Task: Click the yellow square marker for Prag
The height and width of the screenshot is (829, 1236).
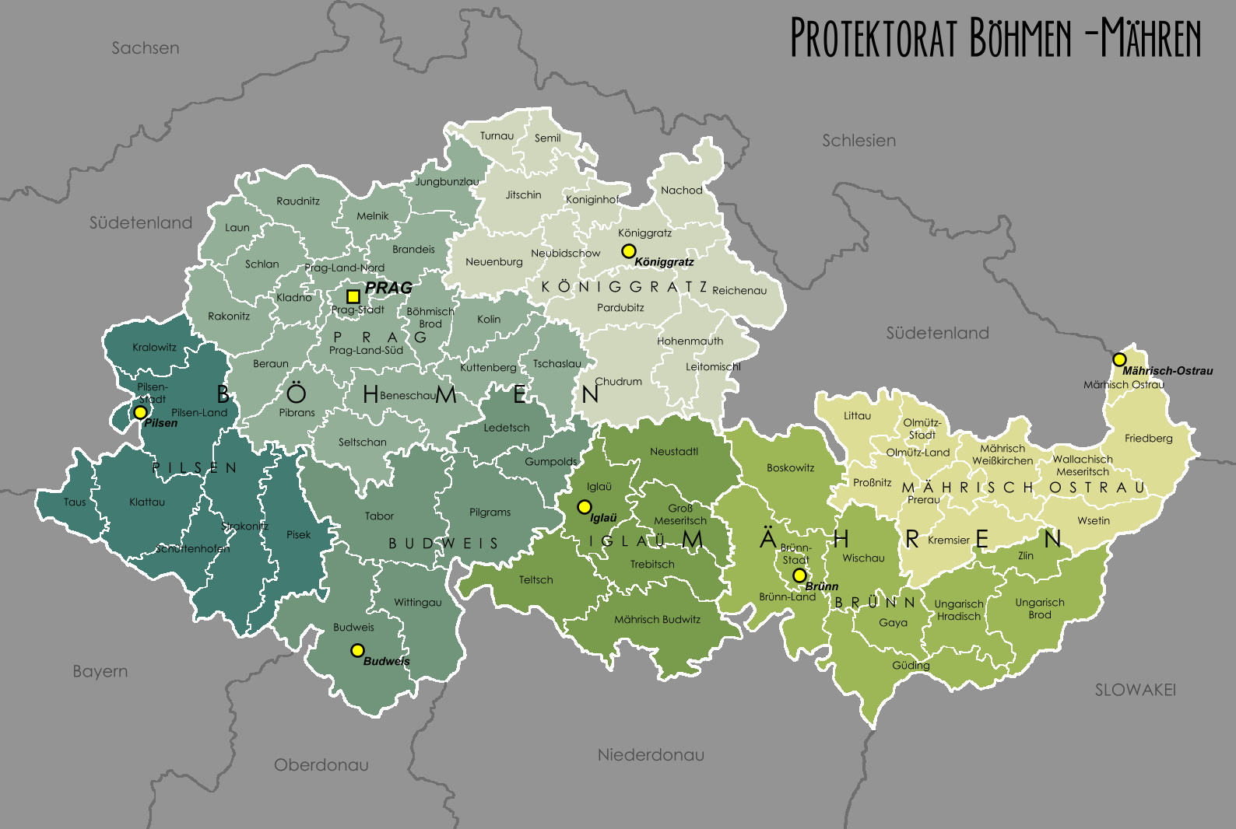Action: (x=353, y=296)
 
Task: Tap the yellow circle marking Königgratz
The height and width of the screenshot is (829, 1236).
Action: (x=628, y=251)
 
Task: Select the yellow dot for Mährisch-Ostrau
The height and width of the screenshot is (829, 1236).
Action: (x=1119, y=359)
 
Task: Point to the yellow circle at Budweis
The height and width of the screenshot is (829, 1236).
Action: (x=357, y=650)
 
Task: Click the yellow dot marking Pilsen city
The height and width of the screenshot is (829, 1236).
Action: (x=140, y=412)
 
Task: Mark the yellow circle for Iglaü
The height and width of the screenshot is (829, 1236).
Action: (x=584, y=507)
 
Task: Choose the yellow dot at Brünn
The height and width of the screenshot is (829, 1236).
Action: (x=799, y=575)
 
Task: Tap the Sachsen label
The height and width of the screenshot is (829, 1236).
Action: (x=145, y=48)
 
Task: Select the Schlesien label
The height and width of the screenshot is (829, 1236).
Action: (x=859, y=141)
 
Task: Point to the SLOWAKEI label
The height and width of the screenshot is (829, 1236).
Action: (x=1135, y=690)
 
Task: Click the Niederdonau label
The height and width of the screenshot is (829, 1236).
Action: (x=651, y=754)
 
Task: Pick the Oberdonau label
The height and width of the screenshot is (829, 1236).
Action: (x=321, y=764)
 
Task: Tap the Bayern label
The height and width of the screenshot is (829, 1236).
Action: (x=100, y=671)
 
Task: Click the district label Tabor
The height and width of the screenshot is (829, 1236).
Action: (x=379, y=516)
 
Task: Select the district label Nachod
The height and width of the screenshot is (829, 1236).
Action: (x=681, y=190)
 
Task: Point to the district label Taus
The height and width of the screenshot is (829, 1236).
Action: (x=75, y=502)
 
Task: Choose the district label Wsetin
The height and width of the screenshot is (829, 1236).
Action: (x=1093, y=520)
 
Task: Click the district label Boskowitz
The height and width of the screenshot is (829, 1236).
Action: (x=790, y=467)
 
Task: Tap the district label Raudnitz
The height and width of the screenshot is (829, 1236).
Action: (x=297, y=201)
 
